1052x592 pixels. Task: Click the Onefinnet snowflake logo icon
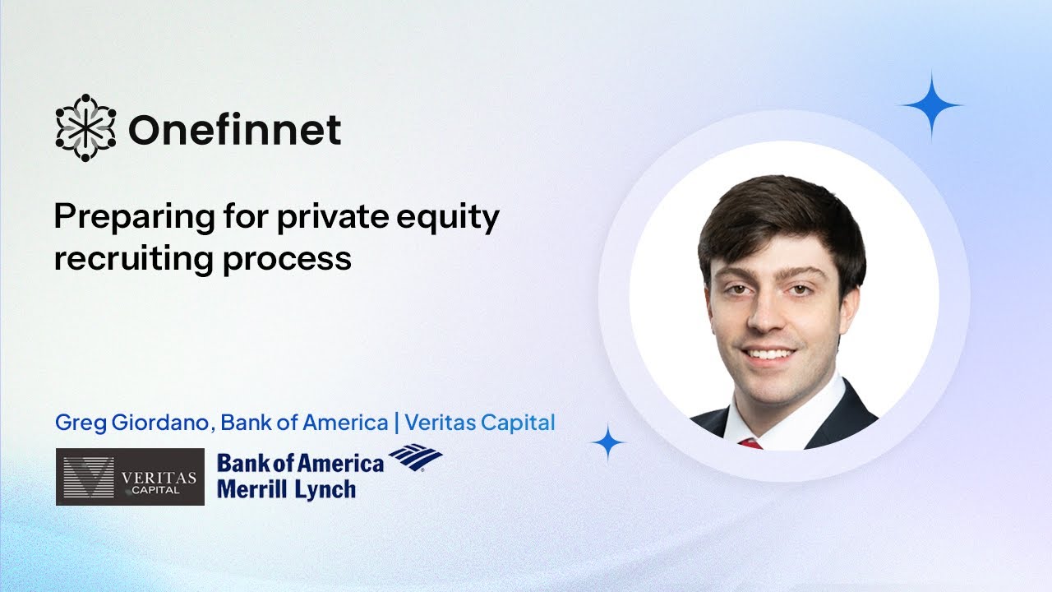click(x=85, y=128)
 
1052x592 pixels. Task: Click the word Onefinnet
click(x=234, y=130)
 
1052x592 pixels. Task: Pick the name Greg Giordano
click(x=133, y=423)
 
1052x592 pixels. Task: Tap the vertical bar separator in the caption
click(x=398, y=423)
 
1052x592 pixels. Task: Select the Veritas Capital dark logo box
click(x=130, y=476)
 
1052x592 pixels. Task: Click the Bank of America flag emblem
click(x=416, y=458)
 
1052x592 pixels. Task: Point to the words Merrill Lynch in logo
click(x=286, y=488)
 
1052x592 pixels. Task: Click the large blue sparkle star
click(x=931, y=104)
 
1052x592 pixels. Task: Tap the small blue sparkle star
click(x=608, y=443)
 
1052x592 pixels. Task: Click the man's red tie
click(x=750, y=443)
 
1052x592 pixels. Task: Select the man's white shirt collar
click(x=789, y=415)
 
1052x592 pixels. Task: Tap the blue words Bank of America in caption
click(x=304, y=423)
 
